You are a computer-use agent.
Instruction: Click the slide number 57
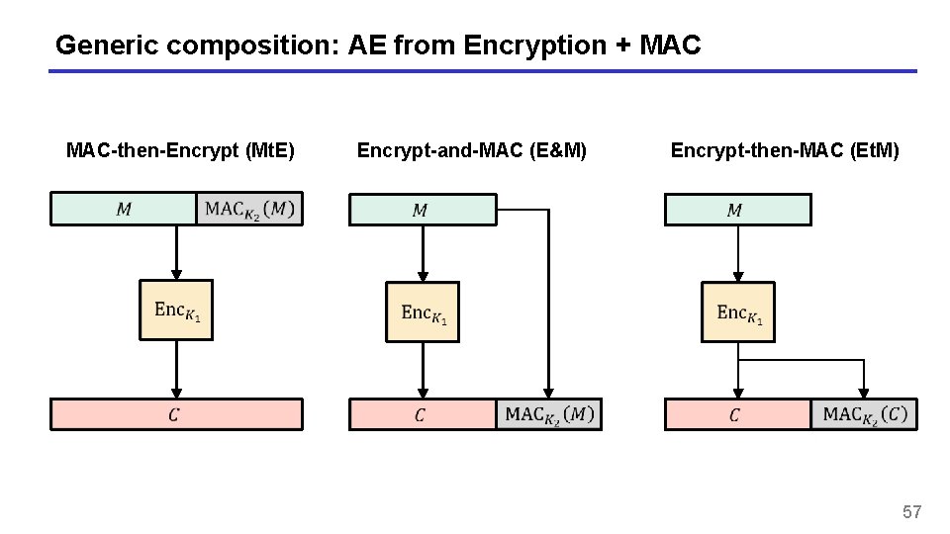(911, 511)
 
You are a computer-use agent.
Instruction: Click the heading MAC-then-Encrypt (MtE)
(180, 150)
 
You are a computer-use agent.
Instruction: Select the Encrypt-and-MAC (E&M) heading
(471, 150)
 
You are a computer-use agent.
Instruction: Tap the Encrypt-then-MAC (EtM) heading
(785, 150)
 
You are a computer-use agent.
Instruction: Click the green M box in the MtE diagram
(124, 209)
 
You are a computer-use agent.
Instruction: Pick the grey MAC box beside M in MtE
(249, 209)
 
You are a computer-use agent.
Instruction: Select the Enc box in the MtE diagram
(176, 311)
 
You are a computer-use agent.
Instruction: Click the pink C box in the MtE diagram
(176, 414)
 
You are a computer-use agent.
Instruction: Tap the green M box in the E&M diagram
(422, 210)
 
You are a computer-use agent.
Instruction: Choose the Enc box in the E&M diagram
(423, 311)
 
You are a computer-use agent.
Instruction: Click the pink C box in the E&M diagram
(422, 414)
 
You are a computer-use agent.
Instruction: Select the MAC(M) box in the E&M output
(548, 414)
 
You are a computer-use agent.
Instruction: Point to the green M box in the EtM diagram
(736, 210)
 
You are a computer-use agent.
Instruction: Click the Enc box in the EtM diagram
(737, 311)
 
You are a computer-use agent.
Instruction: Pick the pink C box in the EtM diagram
(737, 414)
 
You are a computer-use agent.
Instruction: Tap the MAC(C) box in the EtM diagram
(864, 414)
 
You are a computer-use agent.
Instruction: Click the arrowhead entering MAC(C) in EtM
(864, 394)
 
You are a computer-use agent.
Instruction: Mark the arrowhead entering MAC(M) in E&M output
(548, 394)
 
